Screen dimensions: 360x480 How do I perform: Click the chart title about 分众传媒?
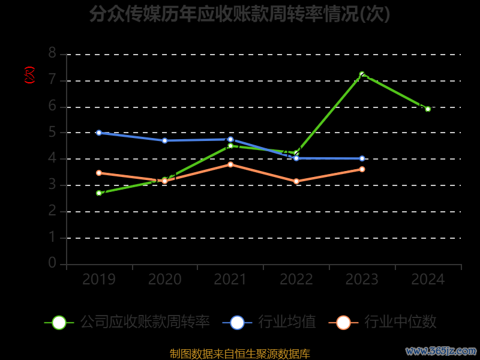coord(240,14)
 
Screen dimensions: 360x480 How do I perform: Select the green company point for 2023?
coord(362,74)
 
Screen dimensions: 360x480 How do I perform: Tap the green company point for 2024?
coord(428,109)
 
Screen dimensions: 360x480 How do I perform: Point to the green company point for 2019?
coord(99,193)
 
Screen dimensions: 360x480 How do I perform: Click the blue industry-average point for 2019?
coord(99,133)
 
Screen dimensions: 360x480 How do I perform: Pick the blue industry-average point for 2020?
coord(164,140)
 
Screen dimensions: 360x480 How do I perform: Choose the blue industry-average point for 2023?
coord(362,158)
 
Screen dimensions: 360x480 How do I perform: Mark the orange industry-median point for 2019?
coord(99,173)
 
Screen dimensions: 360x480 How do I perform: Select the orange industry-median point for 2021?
coord(230,164)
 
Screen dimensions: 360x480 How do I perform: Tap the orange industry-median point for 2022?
coord(296,181)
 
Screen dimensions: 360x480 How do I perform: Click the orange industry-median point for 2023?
coord(362,169)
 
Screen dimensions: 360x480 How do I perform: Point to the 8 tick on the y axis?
coord(52,53)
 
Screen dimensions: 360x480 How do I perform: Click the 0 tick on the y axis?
coord(52,263)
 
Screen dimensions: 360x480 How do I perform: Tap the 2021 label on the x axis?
coord(230,280)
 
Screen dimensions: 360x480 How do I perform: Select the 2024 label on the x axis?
coord(428,280)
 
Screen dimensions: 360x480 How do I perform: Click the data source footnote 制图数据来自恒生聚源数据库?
coord(240,353)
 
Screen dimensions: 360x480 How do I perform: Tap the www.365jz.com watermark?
coord(441,350)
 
